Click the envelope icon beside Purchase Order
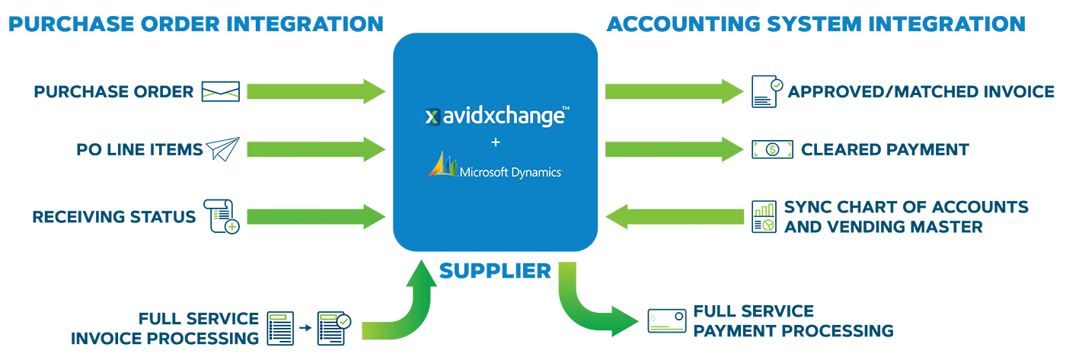[220, 92]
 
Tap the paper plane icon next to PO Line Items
[222, 149]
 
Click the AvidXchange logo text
[496, 116]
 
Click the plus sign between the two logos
[496, 142]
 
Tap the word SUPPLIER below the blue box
[496, 269]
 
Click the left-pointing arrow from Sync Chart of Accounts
[674, 216]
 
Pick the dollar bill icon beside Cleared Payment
[766, 149]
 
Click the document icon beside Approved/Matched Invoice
[766, 91]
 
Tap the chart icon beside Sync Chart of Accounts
[764, 217]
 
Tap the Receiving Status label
[113, 217]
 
